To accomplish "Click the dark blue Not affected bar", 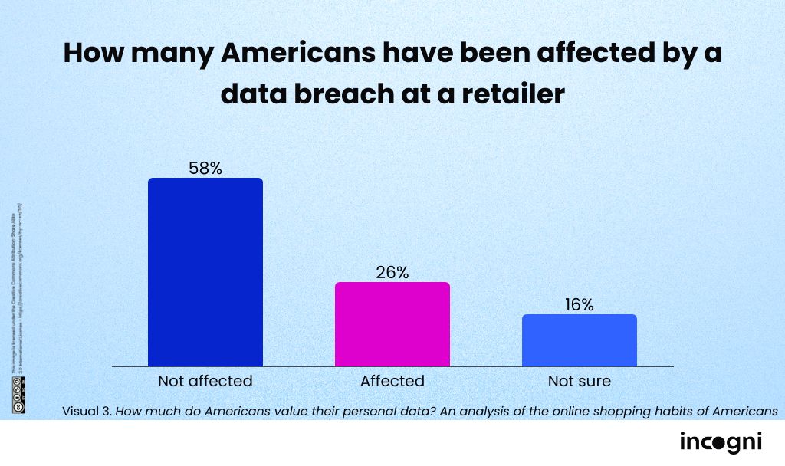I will (205, 272).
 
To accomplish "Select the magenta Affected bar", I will (392, 324).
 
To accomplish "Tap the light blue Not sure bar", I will (579, 340).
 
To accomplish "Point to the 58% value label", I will (205, 169).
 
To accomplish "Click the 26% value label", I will (392, 272).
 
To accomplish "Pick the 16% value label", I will (579, 304).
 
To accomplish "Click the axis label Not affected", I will (205, 381).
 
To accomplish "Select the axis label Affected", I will (392, 381).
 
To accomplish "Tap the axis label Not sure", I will (579, 381).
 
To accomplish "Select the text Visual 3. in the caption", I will (87, 412).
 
